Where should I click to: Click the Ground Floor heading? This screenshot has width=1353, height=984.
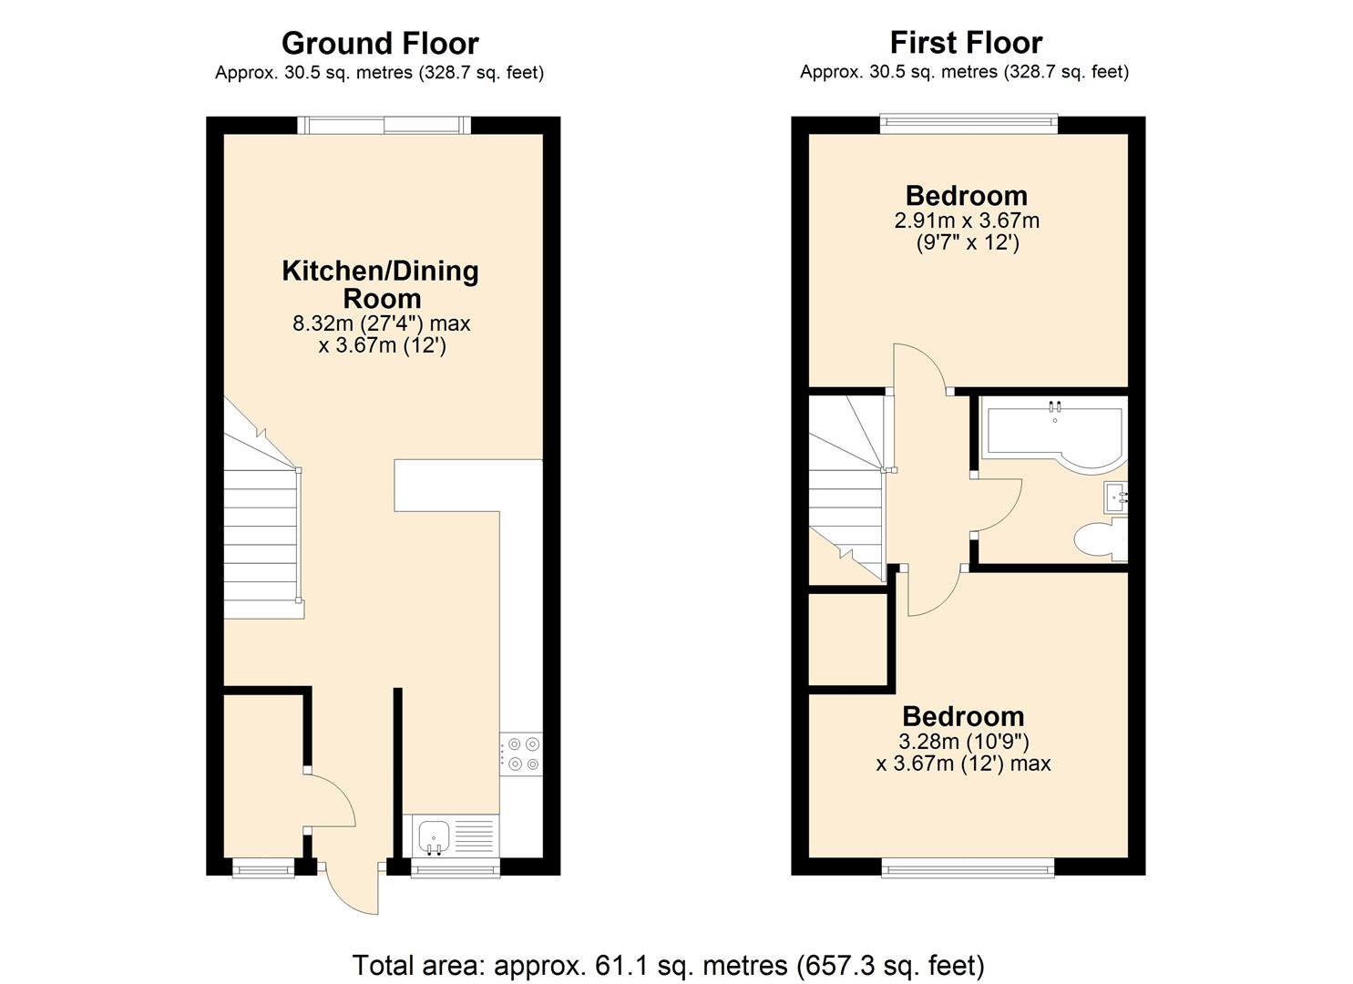click(x=380, y=43)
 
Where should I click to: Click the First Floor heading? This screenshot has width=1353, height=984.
click(x=966, y=43)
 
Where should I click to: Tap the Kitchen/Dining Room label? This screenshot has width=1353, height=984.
click(x=380, y=284)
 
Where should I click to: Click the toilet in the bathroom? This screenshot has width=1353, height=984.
click(x=1097, y=538)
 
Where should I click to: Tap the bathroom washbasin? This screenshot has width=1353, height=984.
click(x=1117, y=497)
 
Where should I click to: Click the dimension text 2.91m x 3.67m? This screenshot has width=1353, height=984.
click(x=967, y=220)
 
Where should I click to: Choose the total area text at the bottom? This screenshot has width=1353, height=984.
click(x=668, y=965)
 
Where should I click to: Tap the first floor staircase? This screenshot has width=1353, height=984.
click(x=846, y=492)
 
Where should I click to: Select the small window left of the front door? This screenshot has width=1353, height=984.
click(x=263, y=868)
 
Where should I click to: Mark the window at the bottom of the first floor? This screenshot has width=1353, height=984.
click(x=969, y=868)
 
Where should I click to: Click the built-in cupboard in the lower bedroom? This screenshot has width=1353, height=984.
click(x=848, y=638)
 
